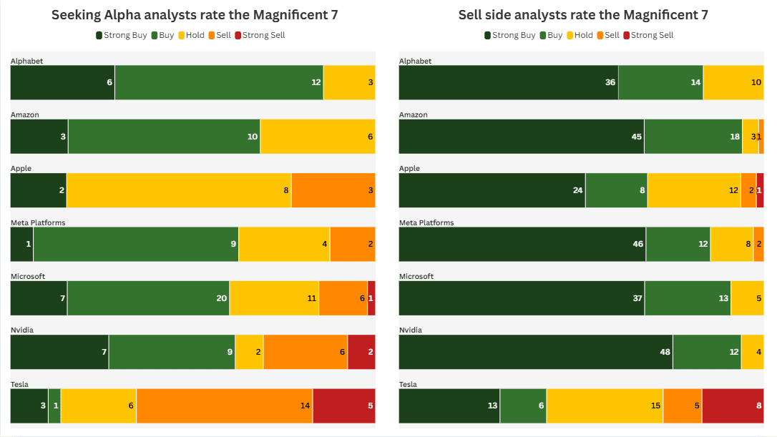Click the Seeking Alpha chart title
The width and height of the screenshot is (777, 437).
click(x=194, y=15)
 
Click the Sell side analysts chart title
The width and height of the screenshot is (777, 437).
click(x=583, y=15)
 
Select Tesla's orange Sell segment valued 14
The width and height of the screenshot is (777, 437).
click(x=224, y=406)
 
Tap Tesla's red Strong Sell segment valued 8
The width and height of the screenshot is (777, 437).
click(x=733, y=406)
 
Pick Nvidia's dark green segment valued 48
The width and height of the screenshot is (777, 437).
click(x=535, y=352)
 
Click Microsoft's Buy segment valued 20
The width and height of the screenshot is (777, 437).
click(x=148, y=298)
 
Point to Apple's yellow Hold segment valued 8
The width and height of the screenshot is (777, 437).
click(x=179, y=190)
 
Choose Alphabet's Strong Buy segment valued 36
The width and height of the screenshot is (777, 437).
click(x=508, y=82)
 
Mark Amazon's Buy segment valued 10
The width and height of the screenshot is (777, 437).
click(x=164, y=137)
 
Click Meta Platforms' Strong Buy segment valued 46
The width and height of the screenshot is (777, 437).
click(x=522, y=244)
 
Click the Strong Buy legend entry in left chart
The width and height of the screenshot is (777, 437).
click(x=121, y=35)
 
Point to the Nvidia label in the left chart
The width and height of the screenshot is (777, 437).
click(x=21, y=330)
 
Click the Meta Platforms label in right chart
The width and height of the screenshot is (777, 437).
click(x=426, y=222)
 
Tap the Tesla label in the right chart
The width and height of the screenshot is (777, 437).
click(x=408, y=384)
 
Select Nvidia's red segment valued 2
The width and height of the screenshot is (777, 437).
click(x=361, y=352)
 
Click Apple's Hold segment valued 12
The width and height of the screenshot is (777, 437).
click(x=694, y=190)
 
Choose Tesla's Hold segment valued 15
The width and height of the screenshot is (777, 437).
click(x=605, y=406)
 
